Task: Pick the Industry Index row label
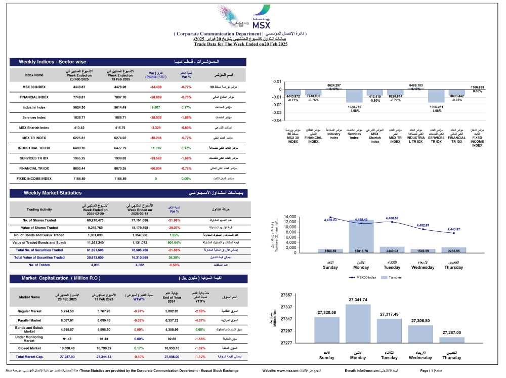[x=34, y=107]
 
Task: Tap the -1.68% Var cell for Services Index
[x=186, y=117]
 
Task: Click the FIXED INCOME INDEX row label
[x=34, y=178]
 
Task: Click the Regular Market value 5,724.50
[x=67, y=311]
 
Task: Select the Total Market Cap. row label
[x=29, y=357]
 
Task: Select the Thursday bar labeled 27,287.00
[x=451, y=340]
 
